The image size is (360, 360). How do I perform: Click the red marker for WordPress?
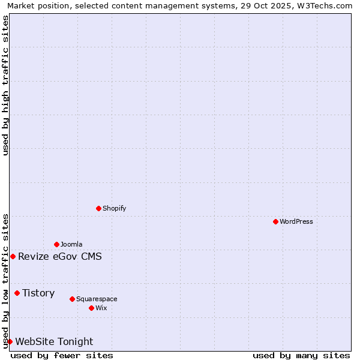coord(275,221)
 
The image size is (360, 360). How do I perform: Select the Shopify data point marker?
coord(98,208)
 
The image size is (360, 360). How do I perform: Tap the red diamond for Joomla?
coord(56,244)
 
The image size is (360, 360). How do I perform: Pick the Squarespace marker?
coord(72,299)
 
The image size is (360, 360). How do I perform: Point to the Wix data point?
coord(91,308)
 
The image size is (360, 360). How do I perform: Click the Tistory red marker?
coord(17,293)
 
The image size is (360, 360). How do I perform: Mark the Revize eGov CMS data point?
coord(13,256)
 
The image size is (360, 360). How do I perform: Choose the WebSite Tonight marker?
coord(10,341)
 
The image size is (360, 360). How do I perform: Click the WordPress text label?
coord(296,221)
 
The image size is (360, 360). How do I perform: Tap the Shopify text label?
coord(114,208)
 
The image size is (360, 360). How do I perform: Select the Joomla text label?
coord(71,244)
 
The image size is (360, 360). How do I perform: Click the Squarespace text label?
coord(97,299)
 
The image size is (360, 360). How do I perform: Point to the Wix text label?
coord(101,308)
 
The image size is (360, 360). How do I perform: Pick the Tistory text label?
coord(38,293)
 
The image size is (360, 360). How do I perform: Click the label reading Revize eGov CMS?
coord(60,257)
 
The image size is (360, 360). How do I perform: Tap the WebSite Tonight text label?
coord(54,341)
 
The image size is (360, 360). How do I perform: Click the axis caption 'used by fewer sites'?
coord(62,355)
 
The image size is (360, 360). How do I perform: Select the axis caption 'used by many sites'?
coord(301,355)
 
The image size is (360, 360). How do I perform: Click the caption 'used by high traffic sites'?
coord(5,85)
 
